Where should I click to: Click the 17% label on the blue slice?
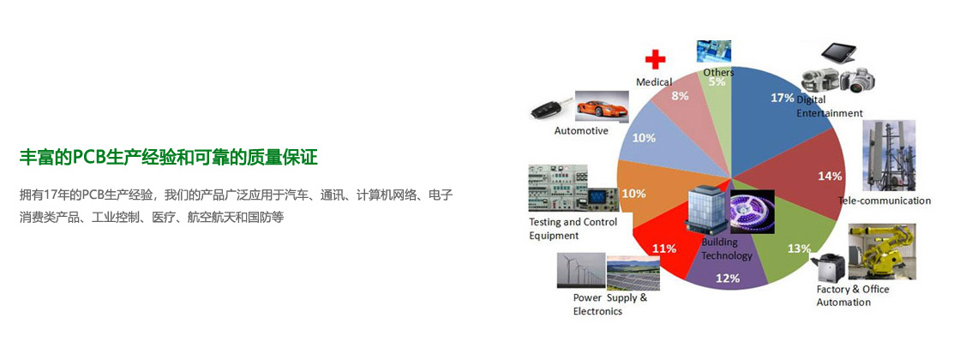coord(782,98)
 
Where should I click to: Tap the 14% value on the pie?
coord(830,177)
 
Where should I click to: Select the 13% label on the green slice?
coord(798,249)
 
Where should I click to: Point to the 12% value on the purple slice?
coord(728,278)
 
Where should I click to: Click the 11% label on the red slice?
coord(663,249)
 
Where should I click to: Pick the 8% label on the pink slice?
coord(680,95)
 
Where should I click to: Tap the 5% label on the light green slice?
coord(717,81)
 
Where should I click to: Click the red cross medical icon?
coord(656,60)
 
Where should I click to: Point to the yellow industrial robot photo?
coord(882,251)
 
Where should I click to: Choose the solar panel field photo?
coord(633,273)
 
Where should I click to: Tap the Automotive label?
coord(581,131)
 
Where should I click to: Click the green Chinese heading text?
coord(169,158)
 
